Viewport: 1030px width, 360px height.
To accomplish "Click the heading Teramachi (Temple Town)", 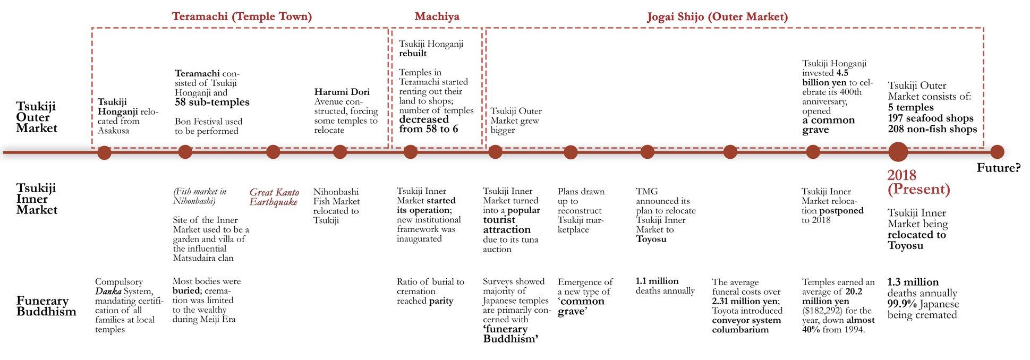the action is [242, 16].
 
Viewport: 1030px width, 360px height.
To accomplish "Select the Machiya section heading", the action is [437, 16].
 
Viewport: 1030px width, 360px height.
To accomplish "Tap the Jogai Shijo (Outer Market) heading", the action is [717, 16].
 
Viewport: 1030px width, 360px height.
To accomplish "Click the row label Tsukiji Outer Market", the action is [36, 117].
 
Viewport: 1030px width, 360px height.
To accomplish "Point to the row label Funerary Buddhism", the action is [46, 306].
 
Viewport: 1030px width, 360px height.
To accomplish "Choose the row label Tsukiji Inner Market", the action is [36, 199].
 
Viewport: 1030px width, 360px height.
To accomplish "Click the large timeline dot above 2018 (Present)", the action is [898, 152].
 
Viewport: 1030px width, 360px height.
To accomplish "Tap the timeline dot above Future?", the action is [997, 152].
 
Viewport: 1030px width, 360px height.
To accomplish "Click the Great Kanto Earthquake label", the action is [274, 197].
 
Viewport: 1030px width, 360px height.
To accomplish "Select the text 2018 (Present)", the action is [918, 182].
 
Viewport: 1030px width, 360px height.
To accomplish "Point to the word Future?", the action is [999, 168].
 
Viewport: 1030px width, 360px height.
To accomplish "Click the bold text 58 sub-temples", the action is [212, 102].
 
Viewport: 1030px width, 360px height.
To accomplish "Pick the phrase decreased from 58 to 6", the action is [428, 124].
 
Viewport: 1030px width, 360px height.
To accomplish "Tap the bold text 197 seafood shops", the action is [931, 118].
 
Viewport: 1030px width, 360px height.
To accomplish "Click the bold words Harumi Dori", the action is [342, 92].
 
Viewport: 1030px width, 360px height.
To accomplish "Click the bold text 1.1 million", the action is [657, 281].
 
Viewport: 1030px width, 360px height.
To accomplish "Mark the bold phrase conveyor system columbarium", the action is [746, 324].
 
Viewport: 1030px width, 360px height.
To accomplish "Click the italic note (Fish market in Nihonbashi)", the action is [200, 196].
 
